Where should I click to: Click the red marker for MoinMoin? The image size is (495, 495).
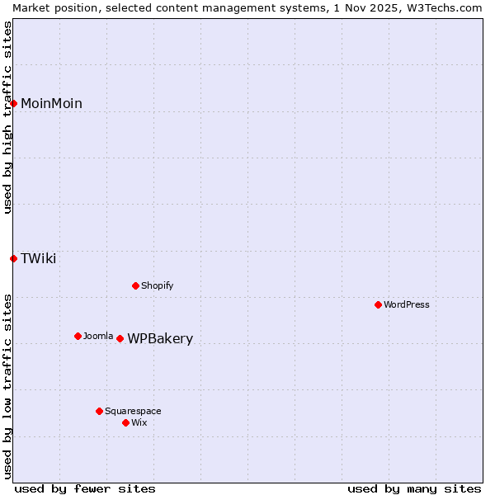[14, 103]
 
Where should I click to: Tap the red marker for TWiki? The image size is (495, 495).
[14, 258]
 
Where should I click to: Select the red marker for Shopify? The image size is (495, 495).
[135, 285]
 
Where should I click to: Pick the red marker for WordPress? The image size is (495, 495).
[378, 304]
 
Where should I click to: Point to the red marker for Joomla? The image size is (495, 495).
[78, 336]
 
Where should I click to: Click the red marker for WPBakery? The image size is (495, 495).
[120, 338]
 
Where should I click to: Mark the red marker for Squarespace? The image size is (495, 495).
[99, 411]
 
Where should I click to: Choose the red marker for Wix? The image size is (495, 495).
[125, 422]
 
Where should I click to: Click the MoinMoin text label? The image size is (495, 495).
[51, 103]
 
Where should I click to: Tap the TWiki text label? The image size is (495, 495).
[38, 258]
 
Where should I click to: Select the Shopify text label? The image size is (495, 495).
[157, 285]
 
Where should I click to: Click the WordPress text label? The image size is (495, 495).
[407, 304]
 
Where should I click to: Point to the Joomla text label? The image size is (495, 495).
[98, 336]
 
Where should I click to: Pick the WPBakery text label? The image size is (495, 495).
[160, 339]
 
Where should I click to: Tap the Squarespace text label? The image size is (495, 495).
[133, 411]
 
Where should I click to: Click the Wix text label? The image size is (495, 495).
[139, 422]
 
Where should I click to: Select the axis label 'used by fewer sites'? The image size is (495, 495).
[85, 488]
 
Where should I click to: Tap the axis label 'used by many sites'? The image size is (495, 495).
[414, 488]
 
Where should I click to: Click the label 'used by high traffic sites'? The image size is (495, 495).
[7, 117]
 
